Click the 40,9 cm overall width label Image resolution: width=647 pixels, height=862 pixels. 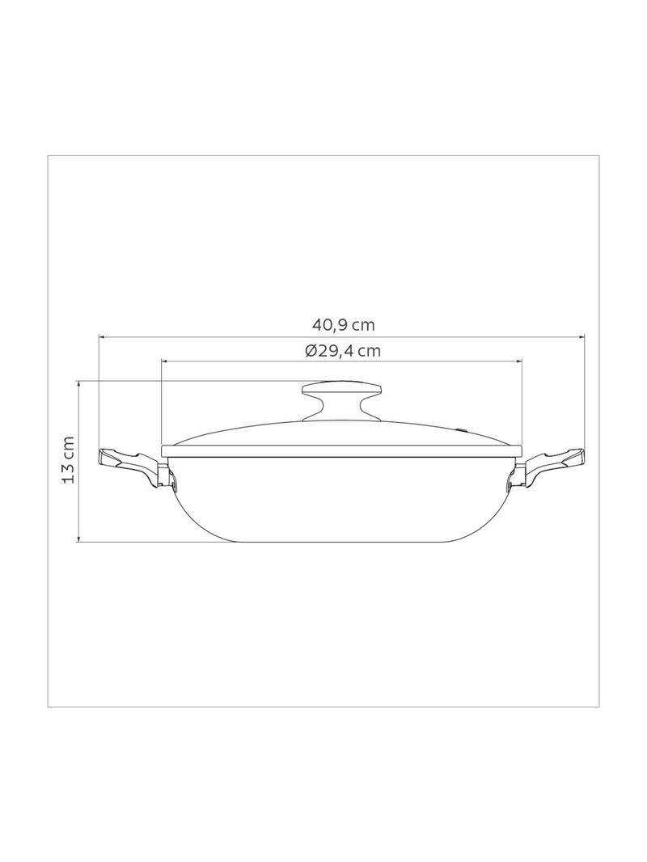pos(343,325)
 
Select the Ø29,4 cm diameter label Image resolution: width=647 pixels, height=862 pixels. pos(343,351)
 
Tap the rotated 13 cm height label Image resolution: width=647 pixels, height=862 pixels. pos(69,460)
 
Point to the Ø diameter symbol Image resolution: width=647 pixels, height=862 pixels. pos(311,351)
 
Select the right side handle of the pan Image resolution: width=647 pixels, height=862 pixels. pos(552,464)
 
